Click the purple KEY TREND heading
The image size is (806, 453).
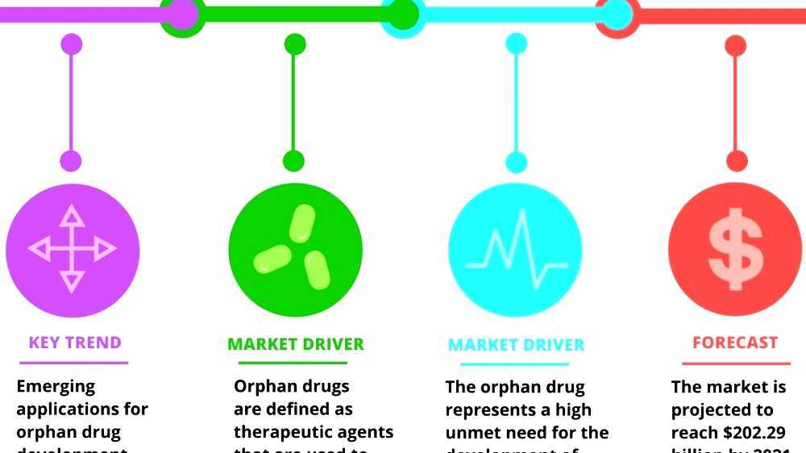pyautogui.click(x=75, y=343)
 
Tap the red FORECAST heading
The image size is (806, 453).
pyautogui.click(x=735, y=343)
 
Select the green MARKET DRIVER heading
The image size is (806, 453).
pyautogui.click(x=296, y=344)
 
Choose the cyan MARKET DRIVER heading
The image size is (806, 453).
pyautogui.click(x=516, y=345)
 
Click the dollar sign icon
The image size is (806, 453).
pyautogui.click(x=735, y=249)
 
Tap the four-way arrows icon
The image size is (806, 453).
pyautogui.click(x=73, y=248)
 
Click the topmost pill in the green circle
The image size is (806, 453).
pyautogui.click(x=302, y=224)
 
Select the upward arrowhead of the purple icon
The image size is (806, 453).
pyautogui.click(x=73, y=215)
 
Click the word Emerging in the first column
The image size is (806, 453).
pyautogui.click(x=56, y=387)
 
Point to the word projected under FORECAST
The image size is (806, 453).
pyautogui.click(x=717, y=409)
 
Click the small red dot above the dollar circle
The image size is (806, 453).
pyautogui.click(x=736, y=161)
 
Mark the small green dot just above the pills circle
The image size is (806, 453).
pyautogui.click(x=294, y=161)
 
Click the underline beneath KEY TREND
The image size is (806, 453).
pyautogui.click(x=73, y=363)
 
